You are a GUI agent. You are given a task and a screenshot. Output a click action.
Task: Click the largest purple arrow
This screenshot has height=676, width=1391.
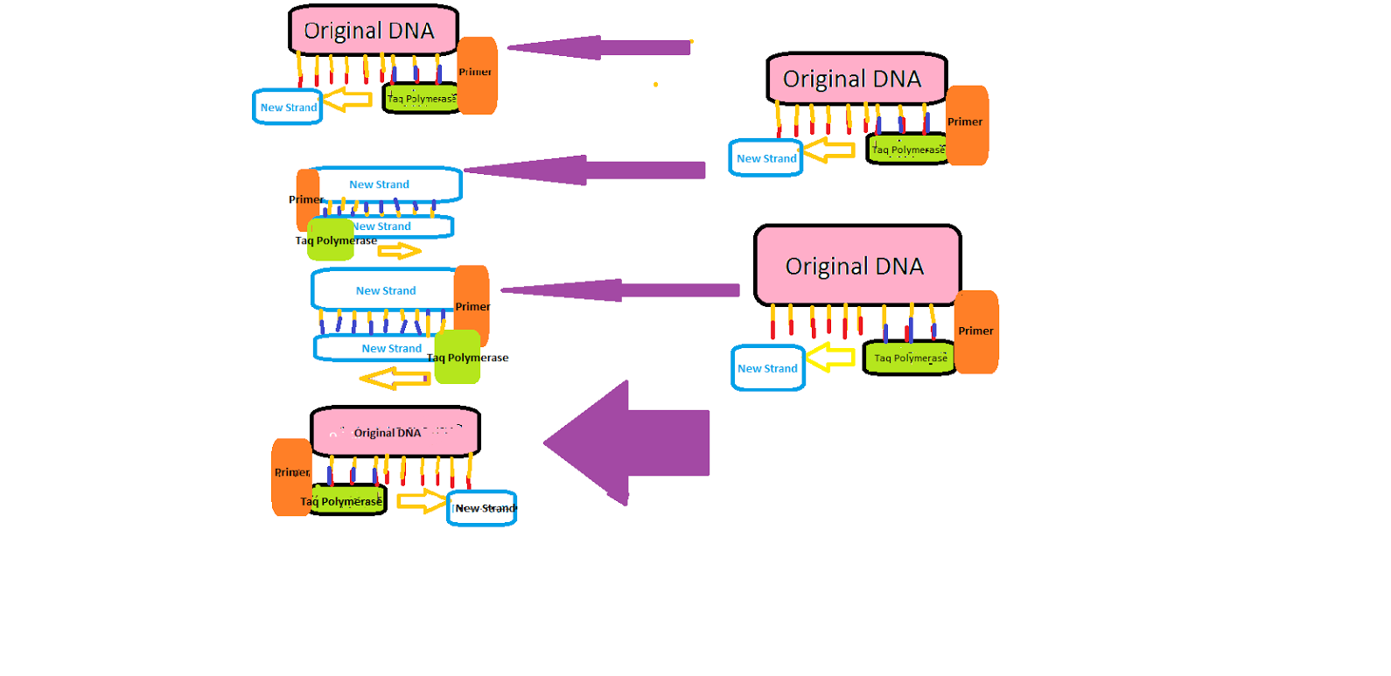click(639, 443)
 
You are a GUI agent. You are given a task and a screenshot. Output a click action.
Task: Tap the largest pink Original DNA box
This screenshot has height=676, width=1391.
click(857, 265)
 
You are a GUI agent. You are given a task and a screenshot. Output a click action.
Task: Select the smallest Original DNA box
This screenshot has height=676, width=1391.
click(395, 431)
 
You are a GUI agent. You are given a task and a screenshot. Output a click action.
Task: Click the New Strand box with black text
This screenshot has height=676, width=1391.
click(482, 508)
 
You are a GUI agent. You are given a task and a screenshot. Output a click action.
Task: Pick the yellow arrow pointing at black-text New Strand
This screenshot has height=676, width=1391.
click(422, 501)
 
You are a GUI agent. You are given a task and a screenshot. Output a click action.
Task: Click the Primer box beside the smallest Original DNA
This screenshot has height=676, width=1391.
click(290, 477)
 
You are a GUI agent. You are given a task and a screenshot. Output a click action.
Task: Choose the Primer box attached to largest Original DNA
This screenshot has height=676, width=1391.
click(976, 332)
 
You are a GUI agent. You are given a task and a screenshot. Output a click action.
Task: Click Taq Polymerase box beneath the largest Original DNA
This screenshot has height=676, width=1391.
click(910, 358)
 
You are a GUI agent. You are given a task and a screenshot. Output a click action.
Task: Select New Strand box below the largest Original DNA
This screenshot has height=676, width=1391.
click(767, 368)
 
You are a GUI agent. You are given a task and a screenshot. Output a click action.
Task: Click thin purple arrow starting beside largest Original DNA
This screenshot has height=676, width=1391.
click(621, 290)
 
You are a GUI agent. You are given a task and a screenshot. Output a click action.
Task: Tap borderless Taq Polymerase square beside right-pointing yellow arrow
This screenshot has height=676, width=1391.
click(331, 240)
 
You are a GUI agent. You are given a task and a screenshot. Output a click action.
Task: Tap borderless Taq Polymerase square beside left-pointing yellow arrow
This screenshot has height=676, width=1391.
click(458, 357)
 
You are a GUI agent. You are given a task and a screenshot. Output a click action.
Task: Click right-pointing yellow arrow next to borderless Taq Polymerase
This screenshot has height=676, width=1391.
click(399, 252)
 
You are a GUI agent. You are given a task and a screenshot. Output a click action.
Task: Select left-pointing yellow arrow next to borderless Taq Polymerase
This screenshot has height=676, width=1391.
click(395, 379)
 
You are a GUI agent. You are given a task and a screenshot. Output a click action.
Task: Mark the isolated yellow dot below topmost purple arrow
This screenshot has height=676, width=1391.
click(655, 85)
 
